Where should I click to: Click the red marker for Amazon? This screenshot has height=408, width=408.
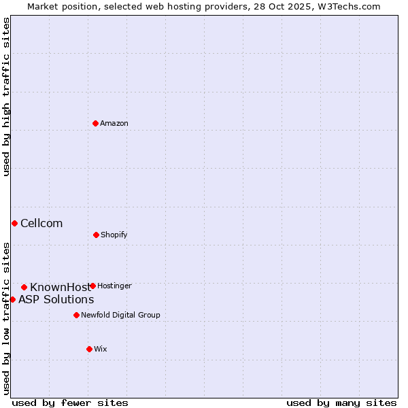pos(96,123)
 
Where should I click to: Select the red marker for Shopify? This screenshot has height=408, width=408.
pos(96,235)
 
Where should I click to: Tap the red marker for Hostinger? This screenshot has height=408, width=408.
pos(92,286)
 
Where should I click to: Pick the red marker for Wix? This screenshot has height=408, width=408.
pos(89,349)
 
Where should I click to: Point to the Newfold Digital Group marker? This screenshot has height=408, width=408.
pos(76,315)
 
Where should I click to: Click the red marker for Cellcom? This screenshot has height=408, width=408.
pos(14,223)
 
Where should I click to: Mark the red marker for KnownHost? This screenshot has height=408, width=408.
pos(24,287)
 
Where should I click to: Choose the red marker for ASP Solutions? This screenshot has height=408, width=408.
pos(12,299)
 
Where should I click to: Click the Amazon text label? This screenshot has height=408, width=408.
pos(114,123)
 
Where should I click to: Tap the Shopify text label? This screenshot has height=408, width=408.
pos(114,235)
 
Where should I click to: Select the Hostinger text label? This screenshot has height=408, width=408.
pos(114,286)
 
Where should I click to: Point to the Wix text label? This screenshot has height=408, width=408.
pos(101,349)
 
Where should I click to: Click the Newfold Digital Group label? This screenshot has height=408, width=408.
pos(120,315)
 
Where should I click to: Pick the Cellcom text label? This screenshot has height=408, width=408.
pos(41,223)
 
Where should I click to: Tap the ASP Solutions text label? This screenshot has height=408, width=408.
pos(56,299)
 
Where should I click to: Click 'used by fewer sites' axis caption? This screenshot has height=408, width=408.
pos(70,403)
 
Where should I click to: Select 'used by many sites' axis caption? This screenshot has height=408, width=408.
pos(341,403)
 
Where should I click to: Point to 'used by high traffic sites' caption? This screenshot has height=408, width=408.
pos(6,97)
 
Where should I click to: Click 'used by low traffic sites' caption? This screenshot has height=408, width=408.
pos(6,318)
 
